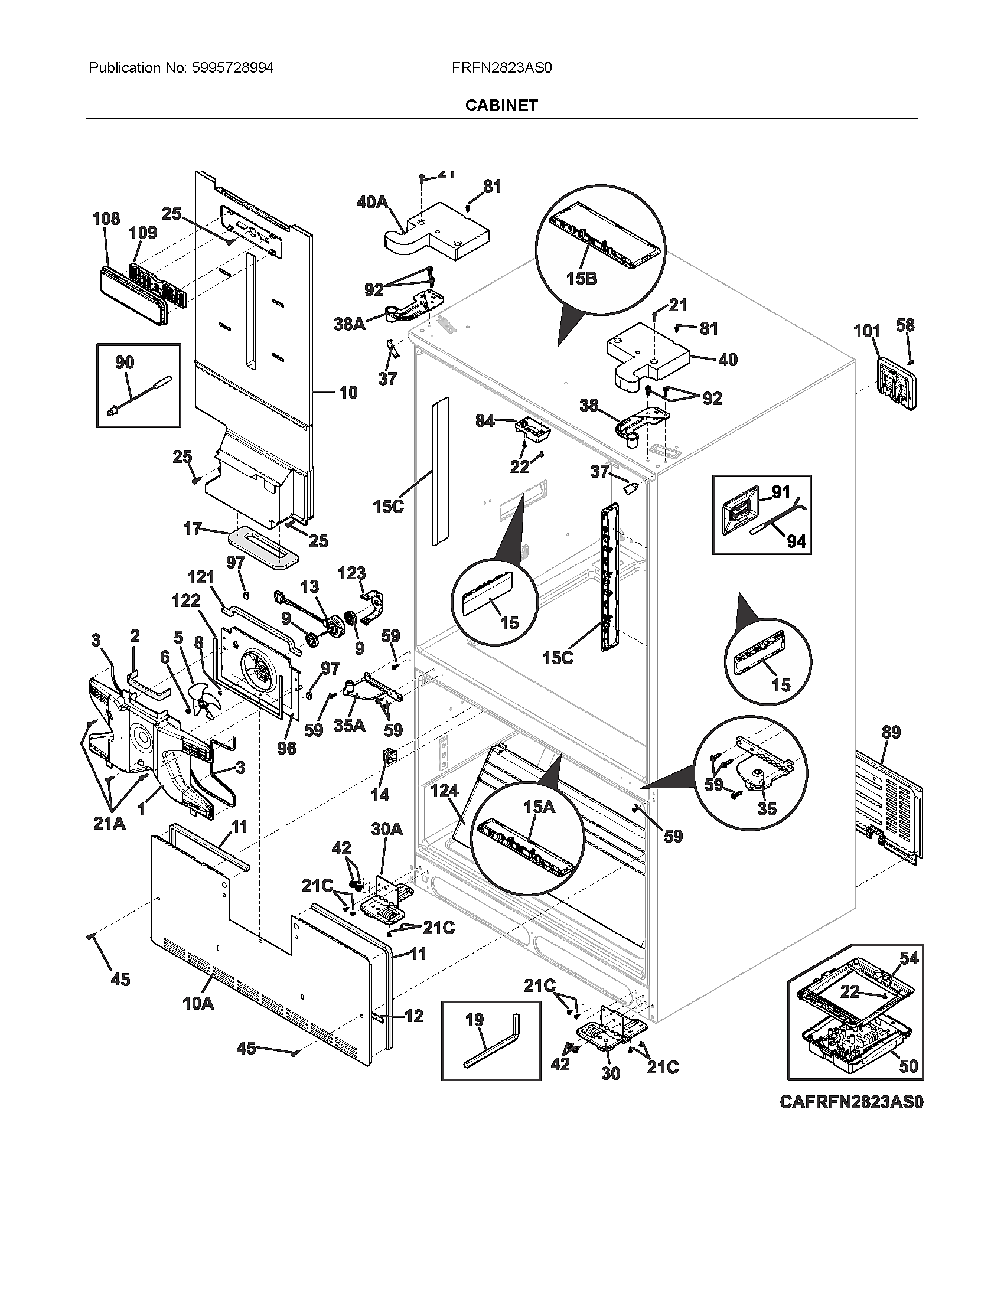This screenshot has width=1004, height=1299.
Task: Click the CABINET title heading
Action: coord(501,105)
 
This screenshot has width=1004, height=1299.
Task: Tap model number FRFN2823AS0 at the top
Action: coord(501,68)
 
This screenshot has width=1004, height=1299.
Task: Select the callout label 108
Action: coord(106,219)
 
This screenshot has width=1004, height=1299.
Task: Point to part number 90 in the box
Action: coord(124,362)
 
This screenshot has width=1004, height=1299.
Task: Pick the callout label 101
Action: coord(867,331)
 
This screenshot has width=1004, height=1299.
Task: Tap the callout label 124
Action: coord(444,791)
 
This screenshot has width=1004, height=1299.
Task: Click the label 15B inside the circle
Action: coord(581,278)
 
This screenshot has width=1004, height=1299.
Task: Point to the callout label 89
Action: coord(891,732)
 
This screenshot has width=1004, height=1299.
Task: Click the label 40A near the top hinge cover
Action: coord(371,203)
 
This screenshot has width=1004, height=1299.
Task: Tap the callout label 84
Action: coord(484,421)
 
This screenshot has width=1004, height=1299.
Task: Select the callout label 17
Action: coord(192,528)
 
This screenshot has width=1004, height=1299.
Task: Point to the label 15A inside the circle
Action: coord(539,807)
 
